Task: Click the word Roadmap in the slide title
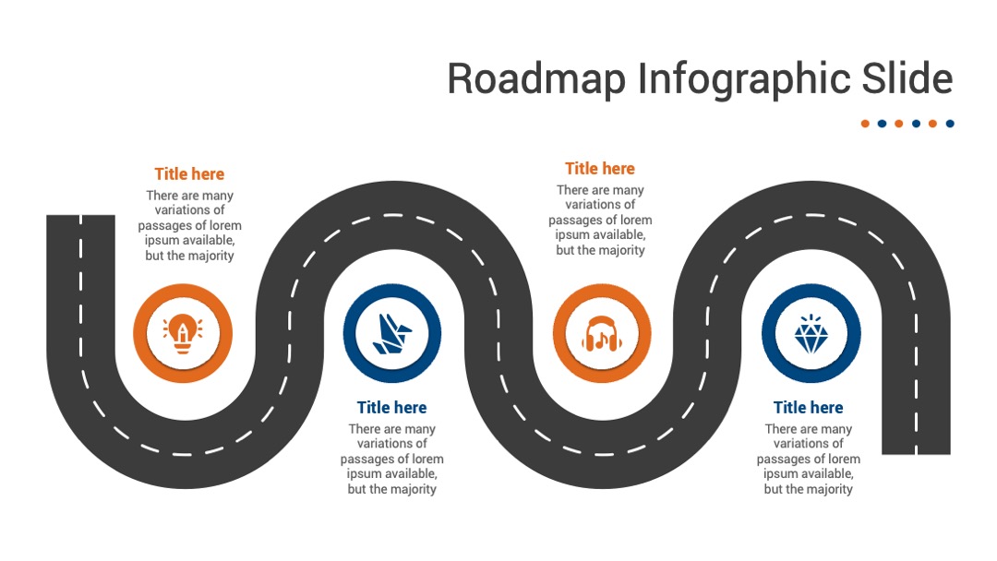tap(536, 78)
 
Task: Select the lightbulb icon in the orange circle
tap(183, 333)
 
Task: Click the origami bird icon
tap(391, 333)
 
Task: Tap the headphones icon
tap(602, 333)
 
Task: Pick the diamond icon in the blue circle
tap(811, 333)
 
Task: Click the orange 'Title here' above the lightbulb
tap(189, 174)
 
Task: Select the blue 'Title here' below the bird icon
tap(391, 407)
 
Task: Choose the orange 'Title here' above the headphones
tap(600, 168)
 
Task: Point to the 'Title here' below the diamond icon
tap(808, 407)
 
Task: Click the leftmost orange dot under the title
tap(865, 124)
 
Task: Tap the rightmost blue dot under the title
tap(950, 124)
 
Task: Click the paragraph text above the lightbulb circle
tap(189, 225)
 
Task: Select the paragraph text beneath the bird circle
tap(391, 459)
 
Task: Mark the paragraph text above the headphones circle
tap(600, 220)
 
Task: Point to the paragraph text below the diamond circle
tap(808, 459)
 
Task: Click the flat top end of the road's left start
tap(80, 216)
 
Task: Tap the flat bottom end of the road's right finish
tap(916, 453)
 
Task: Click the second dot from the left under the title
tap(882, 124)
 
